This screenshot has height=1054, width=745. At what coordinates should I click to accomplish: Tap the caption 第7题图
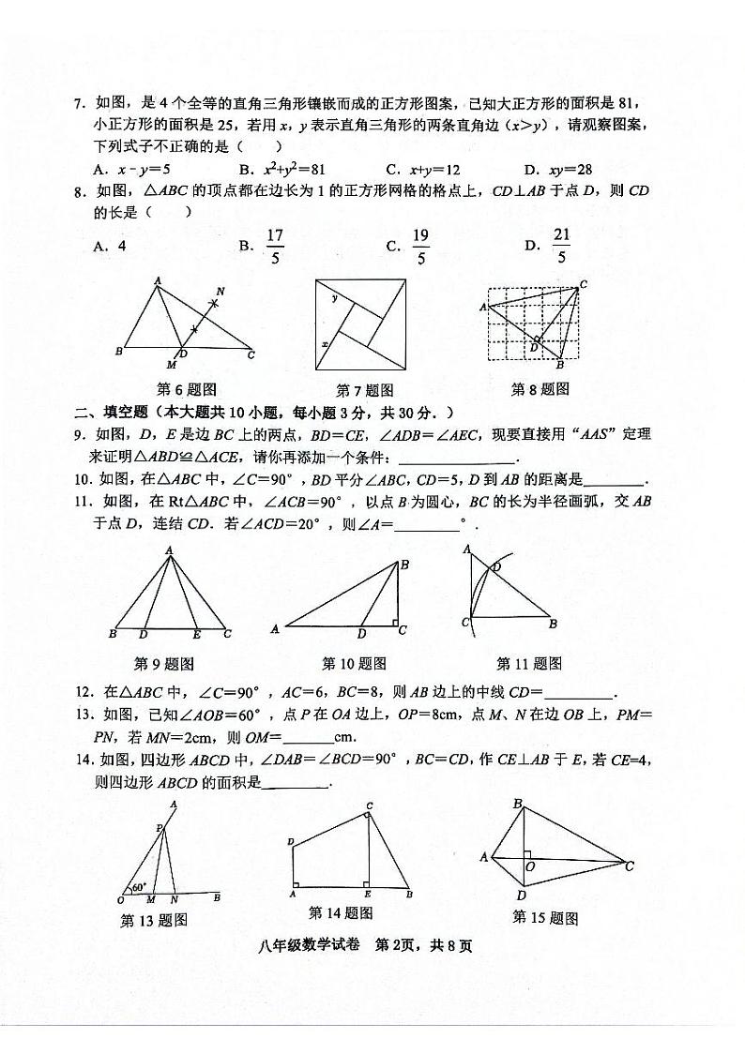364,390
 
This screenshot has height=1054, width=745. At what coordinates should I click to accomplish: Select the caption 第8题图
540,389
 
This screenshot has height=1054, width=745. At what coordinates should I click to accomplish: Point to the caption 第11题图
529,664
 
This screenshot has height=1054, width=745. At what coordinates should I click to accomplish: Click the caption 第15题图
545,917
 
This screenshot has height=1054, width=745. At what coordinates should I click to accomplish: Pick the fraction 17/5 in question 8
275,247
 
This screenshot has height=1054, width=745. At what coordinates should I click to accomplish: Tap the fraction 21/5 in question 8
561,246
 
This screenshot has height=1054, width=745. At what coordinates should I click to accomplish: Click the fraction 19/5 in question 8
420,247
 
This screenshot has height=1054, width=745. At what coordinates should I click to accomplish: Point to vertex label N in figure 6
220,291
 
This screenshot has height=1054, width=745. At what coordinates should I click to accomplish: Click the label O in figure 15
531,866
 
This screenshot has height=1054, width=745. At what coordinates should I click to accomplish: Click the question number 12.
83,694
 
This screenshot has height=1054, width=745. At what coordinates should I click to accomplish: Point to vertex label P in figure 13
159,827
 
